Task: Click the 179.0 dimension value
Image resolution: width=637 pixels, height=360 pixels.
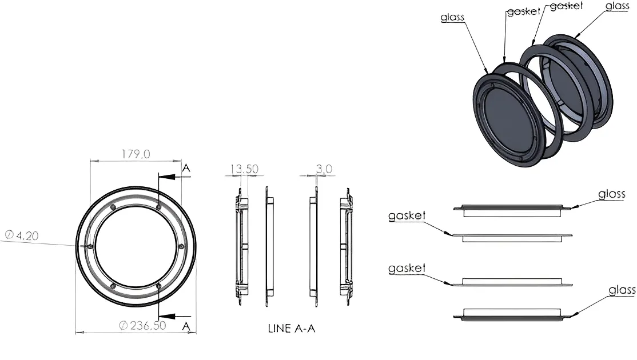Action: (136, 154)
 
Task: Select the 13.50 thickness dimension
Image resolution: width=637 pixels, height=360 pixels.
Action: (244, 169)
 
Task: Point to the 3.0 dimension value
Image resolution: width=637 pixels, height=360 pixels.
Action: (324, 169)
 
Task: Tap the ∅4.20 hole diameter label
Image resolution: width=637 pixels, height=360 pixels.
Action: (21, 235)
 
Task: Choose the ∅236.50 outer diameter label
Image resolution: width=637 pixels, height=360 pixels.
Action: (142, 325)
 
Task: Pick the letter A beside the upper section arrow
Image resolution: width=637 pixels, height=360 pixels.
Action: (185, 167)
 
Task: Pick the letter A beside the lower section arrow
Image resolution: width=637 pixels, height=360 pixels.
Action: (185, 326)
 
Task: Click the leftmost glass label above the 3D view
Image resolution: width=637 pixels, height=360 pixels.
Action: (452, 17)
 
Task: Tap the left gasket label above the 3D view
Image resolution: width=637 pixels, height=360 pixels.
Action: (523, 11)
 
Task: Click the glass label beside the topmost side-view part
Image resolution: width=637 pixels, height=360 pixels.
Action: (612, 194)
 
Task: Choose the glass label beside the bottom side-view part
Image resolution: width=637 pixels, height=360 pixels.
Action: (622, 290)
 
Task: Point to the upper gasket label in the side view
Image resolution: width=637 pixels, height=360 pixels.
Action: (407, 216)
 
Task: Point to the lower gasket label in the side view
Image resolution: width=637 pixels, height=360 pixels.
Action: (407, 268)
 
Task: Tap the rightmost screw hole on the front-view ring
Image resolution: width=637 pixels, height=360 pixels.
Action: (181, 247)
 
